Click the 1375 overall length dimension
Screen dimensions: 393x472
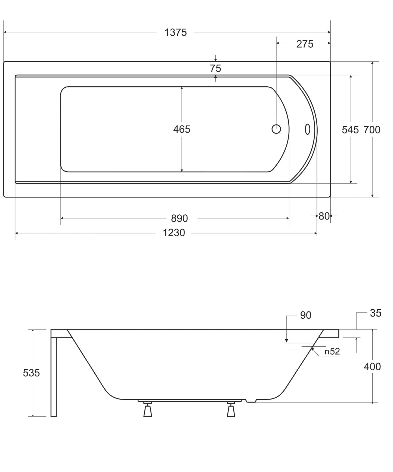click(176, 33)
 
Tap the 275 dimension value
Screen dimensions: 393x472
click(305, 44)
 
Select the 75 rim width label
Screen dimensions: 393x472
click(215, 68)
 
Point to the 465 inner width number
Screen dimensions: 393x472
click(182, 129)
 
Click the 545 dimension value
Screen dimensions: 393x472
click(350, 130)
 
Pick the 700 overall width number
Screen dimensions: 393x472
click(372, 130)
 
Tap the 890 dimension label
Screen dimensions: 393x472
click(180, 218)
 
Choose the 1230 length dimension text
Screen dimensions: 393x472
click(174, 233)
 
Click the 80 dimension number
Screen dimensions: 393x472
click(324, 216)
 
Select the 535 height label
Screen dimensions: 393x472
click(31, 373)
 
